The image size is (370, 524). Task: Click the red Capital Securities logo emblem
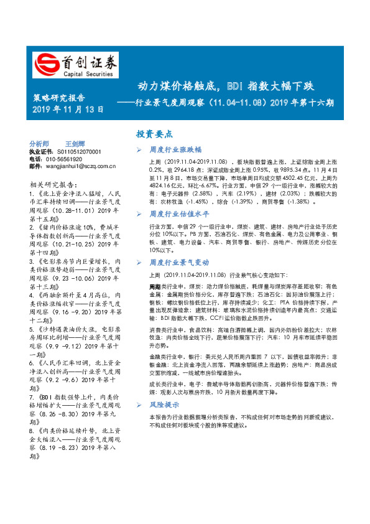(44, 63)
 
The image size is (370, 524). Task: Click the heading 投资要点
(155, 134)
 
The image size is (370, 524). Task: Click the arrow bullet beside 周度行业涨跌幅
(139, 151)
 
